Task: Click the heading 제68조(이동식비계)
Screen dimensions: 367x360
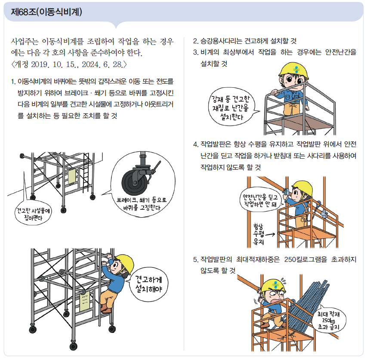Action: point(46,12)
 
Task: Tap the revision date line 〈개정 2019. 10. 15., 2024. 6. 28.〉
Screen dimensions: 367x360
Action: point(69,65)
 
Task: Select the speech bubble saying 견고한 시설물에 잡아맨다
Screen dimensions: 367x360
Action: point(33,214)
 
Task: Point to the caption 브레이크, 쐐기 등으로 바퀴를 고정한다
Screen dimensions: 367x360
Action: point(142,204)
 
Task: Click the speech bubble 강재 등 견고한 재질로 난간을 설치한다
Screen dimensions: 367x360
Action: point(231,107)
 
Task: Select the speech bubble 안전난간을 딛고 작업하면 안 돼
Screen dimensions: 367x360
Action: point(260,200)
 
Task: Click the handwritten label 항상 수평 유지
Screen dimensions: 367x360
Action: point(259,234)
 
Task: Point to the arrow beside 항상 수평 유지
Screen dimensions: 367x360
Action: point(270,234)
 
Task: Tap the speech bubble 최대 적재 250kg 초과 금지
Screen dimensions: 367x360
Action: point(328,320)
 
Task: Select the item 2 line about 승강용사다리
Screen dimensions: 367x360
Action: point(245,41)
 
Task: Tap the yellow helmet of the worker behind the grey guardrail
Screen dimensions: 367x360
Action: point(293,70)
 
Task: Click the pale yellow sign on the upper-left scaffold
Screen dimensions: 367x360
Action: point(71,176)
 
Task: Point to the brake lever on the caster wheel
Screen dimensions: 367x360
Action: point(156,167)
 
